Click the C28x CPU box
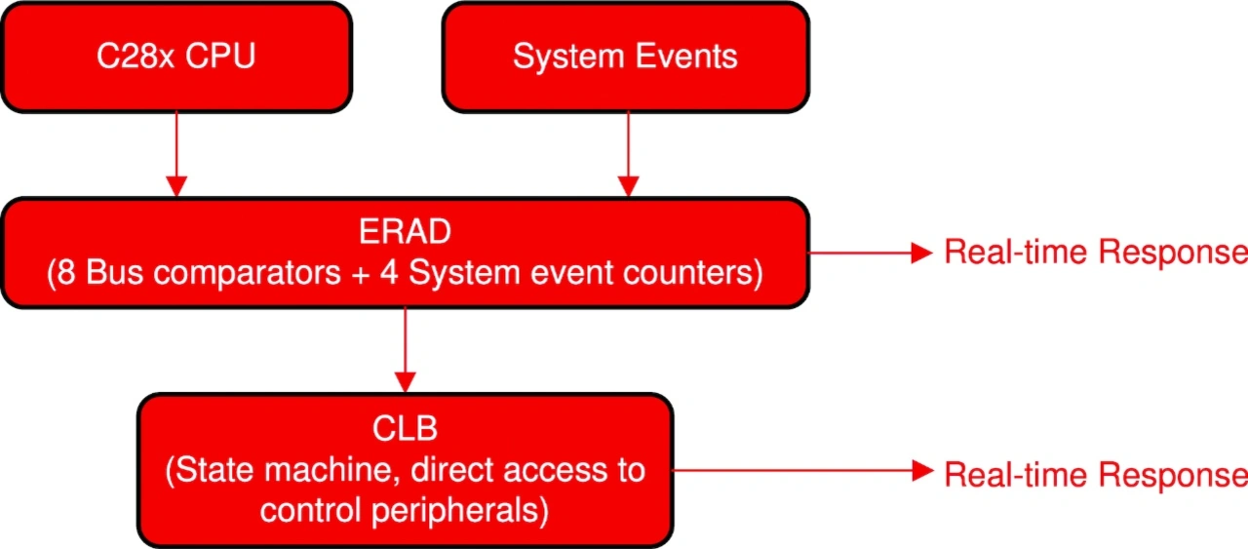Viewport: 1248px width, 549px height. [175, 57]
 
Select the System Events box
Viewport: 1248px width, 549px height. [625, 57]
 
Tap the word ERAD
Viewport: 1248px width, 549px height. [405, 232]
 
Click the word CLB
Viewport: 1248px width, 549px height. [405, 428]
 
